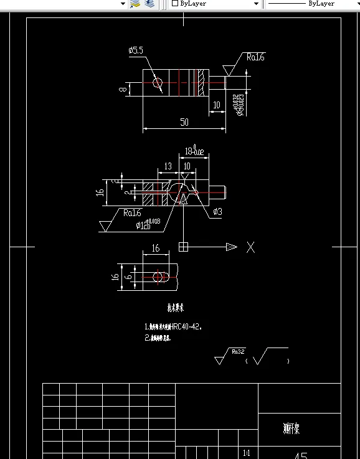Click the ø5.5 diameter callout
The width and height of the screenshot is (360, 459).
[136, 50]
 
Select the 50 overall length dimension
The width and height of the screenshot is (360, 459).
[184, 122]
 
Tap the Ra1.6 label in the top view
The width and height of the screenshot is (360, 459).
[255, 57]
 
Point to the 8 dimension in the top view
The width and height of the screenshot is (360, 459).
[123, 90]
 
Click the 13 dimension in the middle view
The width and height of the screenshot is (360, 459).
[168, 166]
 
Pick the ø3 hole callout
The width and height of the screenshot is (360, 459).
[217, 212]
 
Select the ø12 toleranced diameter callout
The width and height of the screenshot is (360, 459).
[148, 223]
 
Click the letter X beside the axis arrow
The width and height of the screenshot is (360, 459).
[250, 247]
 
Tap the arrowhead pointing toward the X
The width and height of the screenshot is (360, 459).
[232, 247]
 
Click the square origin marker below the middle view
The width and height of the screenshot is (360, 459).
[184, 247]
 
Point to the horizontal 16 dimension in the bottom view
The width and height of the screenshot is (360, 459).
[155, 248]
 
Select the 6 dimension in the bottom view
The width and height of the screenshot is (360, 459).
[128, 275]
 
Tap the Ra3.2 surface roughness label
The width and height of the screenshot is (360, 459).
[237, 352]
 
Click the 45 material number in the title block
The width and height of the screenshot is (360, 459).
[300, 455]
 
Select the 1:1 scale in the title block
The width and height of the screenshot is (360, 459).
[246, 453]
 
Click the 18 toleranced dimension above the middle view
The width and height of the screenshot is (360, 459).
[194, 151]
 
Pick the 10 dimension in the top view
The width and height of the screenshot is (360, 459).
[217, 105]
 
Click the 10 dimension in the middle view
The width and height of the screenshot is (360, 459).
[187, 166]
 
